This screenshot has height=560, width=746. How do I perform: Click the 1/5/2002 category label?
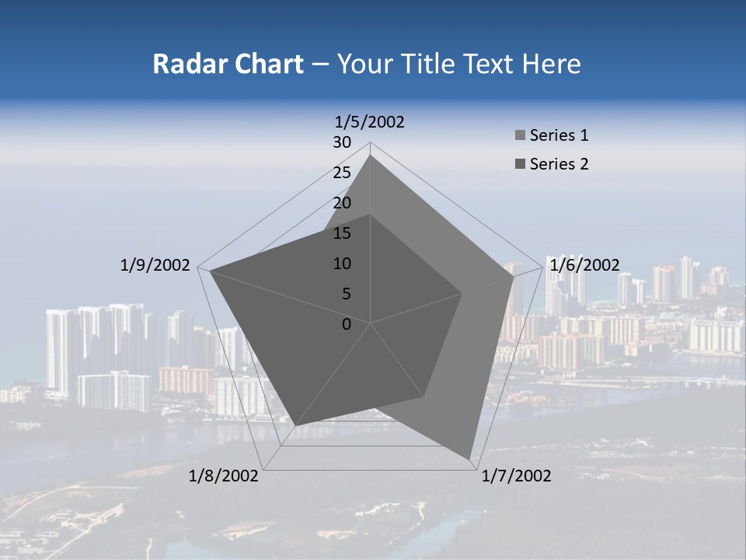coord(370,122)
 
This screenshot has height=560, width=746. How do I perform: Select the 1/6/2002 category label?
coord(584,265)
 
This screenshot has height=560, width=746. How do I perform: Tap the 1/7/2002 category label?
coord(516,476)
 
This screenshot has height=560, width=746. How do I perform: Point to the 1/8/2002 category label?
coord(224,476)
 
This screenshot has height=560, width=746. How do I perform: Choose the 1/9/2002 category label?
coord(155,265)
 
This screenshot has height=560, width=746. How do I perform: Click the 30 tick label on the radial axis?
coord(342,142)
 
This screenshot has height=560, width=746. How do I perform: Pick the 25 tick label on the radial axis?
coord(342,173)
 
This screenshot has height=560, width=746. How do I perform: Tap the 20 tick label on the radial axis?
coord(342,203)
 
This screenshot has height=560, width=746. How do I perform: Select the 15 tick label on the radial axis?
coord(342,233)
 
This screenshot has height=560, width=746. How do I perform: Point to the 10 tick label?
coord(342,264)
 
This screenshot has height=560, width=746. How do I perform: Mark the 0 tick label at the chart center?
coord(347,324)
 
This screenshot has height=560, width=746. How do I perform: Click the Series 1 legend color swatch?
coord(520,136)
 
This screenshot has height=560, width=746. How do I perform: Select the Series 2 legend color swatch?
coord(520,164)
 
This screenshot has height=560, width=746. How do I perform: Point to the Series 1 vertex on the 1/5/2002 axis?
coord(370,155)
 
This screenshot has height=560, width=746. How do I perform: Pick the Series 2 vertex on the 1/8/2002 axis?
coord(296,425)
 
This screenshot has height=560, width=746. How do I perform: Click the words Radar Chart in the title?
coord(228,65)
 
